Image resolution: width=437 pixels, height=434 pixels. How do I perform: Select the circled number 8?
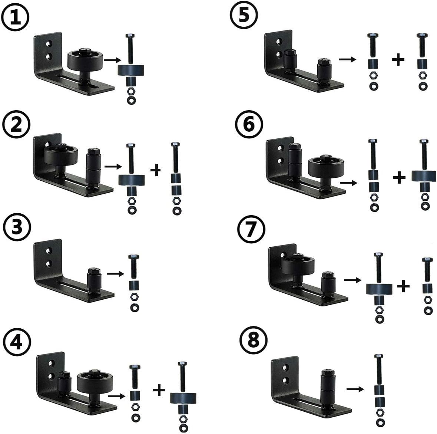pos(253,340)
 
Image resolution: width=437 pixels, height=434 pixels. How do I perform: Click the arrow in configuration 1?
pos(112,60)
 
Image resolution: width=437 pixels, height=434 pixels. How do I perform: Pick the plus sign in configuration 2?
pos(156,170)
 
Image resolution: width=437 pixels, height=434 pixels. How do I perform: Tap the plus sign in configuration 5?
pos(398,60)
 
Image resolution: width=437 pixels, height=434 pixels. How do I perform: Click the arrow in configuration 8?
pos(355,389)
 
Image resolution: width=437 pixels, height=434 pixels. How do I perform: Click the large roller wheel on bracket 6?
pos(326,168)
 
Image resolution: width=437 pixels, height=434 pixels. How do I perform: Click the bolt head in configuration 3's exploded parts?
pos(134,257)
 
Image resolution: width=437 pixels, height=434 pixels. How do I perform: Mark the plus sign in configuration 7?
pos(403,286)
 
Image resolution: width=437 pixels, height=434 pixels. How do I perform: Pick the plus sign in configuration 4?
pos(159,390)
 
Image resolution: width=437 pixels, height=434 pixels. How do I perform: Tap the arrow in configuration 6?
pos(349,183)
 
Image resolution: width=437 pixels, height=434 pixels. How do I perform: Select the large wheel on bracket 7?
pos(298,264)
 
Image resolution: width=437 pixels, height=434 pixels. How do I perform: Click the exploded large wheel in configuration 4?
pos(183,399)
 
